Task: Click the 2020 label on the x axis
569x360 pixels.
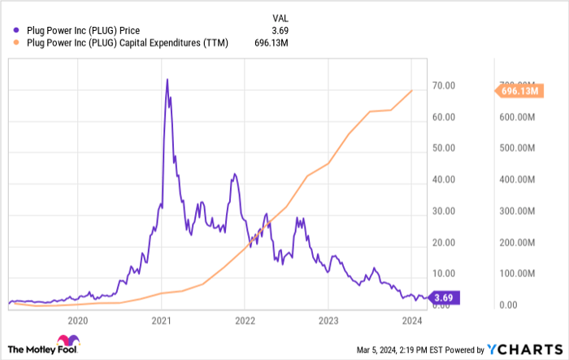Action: [x=78, y=320]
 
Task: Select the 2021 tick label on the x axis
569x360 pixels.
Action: [x=161, y=320]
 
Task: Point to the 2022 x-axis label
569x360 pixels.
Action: [x=245, y=320]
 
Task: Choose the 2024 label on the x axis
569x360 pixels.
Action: [x=411, y=320]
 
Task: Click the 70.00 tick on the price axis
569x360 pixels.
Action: [x=442, y=85]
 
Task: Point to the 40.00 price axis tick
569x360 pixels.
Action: [x=442, y=180]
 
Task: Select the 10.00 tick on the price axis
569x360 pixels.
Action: [x=442, y=274]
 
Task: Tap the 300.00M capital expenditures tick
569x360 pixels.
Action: [x=516, y=211]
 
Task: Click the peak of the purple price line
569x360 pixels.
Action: [x=167, y=80]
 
